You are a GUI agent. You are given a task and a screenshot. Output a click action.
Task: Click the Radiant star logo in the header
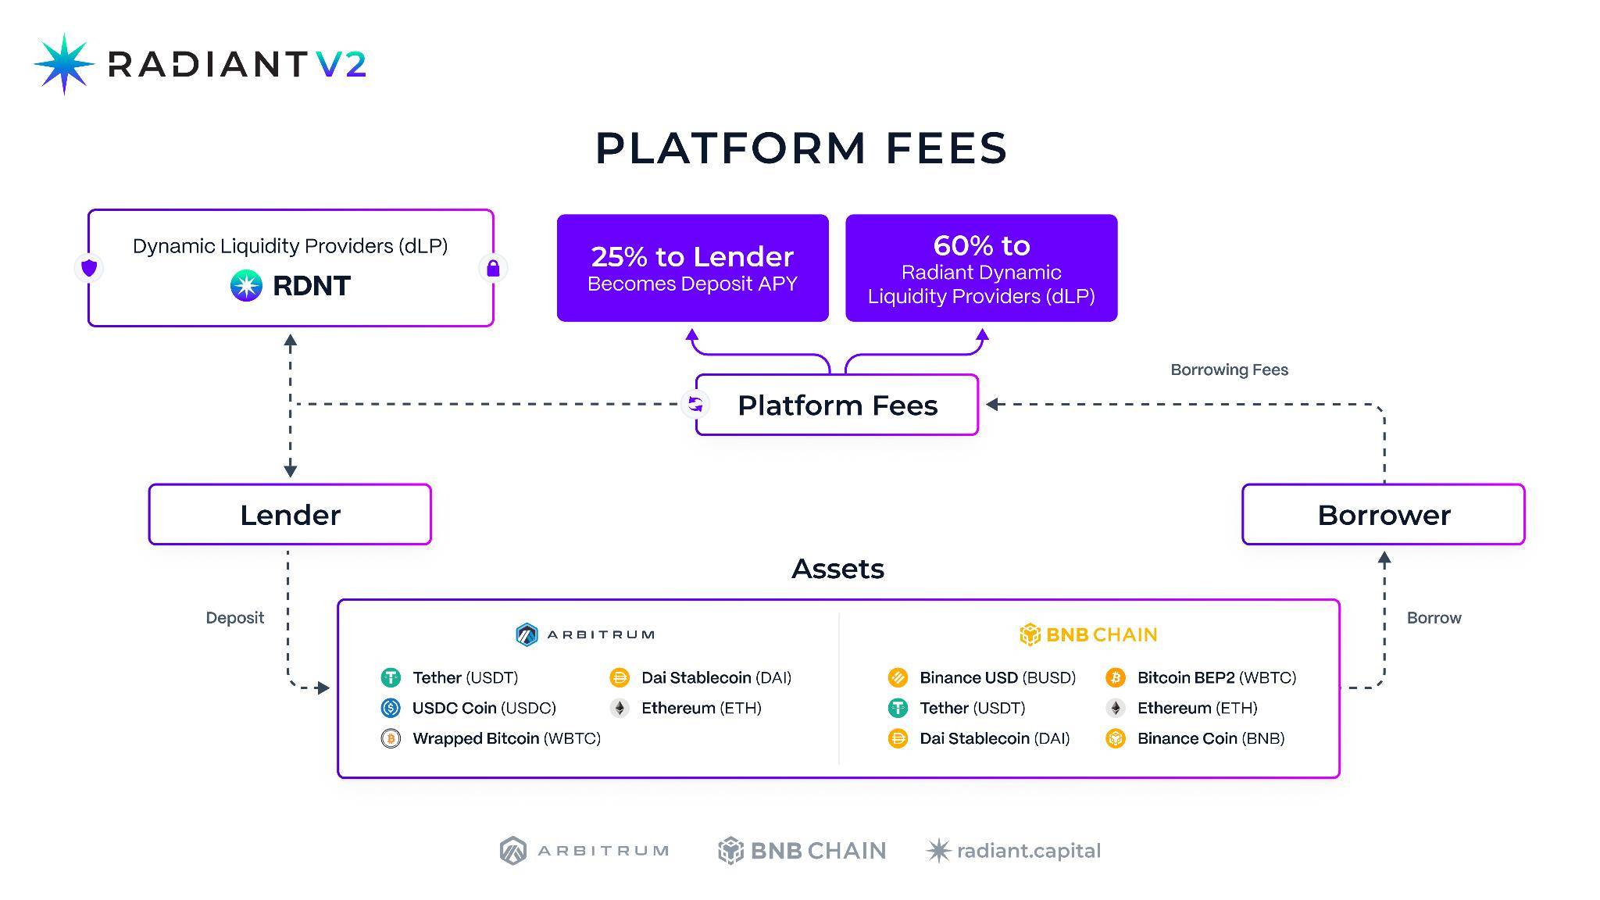tap(64, 64)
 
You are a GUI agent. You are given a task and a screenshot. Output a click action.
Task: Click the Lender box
tap(290, 514)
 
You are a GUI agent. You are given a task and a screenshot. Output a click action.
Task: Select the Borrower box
tap(1383, 514)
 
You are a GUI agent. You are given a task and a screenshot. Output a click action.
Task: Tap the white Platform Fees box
tap(837, 405)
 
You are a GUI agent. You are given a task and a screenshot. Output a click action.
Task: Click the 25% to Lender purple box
tap(692, 268)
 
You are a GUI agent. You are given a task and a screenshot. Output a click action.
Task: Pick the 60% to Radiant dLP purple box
tap(981, 268)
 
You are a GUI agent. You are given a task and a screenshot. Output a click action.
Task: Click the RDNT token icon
tap(246, 286)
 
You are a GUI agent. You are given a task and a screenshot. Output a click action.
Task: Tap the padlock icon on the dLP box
tap(493, 268)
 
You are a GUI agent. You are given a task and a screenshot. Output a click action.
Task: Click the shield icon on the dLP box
tap(89, 268)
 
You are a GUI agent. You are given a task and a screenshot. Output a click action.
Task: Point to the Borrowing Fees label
tap(1229, 370)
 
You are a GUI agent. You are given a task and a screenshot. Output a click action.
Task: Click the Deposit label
tap(234, 618)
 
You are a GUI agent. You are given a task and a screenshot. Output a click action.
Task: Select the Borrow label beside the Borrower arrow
tap(1434, 618)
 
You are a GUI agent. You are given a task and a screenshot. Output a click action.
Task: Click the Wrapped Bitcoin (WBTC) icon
tap(391, 738)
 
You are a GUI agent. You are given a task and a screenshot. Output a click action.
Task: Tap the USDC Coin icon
tap(391, 708)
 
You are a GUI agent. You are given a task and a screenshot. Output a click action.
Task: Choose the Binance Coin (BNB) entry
tap(1195, 738)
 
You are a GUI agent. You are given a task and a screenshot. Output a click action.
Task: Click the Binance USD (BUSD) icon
tap(898, 677)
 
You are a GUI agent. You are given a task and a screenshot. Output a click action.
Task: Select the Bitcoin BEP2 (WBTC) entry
tap(1201, 677)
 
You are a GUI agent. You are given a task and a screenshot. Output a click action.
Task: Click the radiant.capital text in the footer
tap(1028, 851)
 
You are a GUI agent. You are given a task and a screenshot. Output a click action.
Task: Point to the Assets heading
tap(837, 569)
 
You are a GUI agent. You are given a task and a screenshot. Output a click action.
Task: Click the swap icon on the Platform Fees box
tap(695, 405)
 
